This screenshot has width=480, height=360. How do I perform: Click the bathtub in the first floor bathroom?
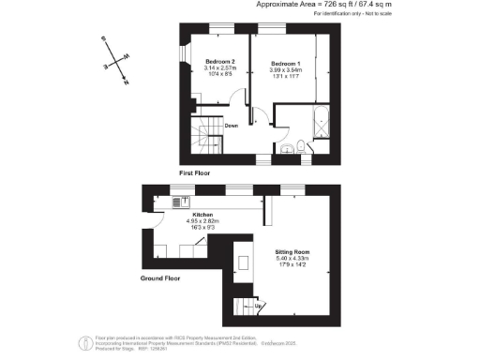click(320, 124)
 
